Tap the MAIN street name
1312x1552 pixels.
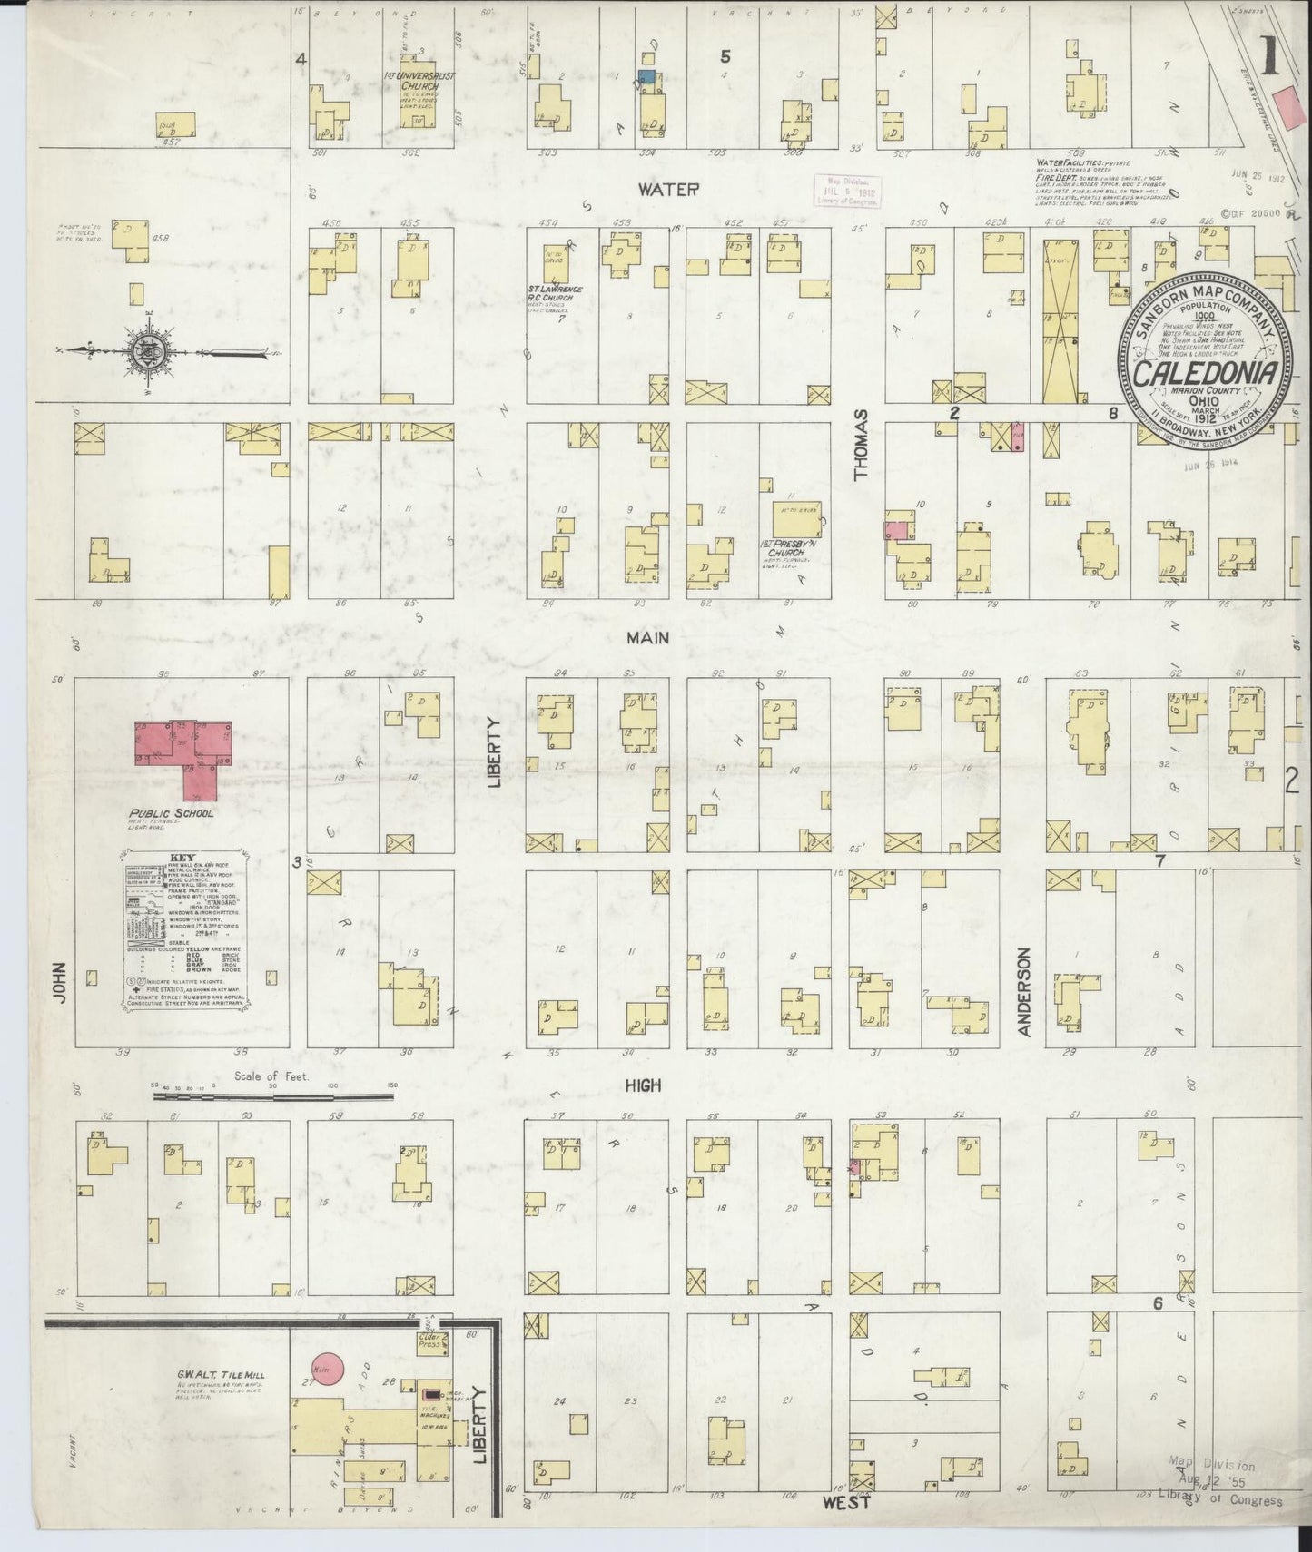(x=647, y=638)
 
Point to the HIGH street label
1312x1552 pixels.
(x=642, y=1085)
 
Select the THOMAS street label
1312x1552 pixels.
(x=861, y=443)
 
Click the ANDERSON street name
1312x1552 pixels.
(x=1024, y=992)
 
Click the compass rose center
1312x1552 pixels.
(x=148, y=350)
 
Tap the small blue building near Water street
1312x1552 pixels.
(x=646, y=78)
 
